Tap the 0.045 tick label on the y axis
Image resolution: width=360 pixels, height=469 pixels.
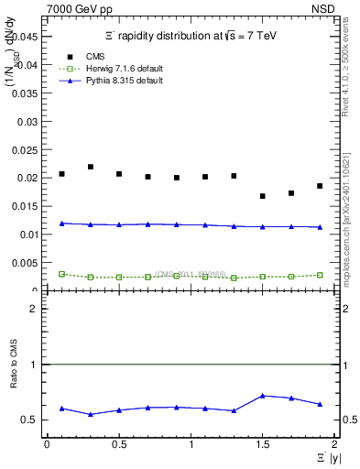click(27, 37)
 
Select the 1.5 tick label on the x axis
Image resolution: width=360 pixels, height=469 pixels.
click(262, 444)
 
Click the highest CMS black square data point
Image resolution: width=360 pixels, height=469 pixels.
click(91, 167)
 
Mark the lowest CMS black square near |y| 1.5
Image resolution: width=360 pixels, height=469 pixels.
click(262, 196)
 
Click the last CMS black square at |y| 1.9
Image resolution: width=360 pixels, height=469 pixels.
click(320, 186)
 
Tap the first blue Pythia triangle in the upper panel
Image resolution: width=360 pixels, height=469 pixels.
click(61, 224)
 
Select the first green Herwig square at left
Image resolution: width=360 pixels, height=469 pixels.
click(61, 274)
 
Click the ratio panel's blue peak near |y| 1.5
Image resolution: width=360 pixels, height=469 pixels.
click(262, 396)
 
